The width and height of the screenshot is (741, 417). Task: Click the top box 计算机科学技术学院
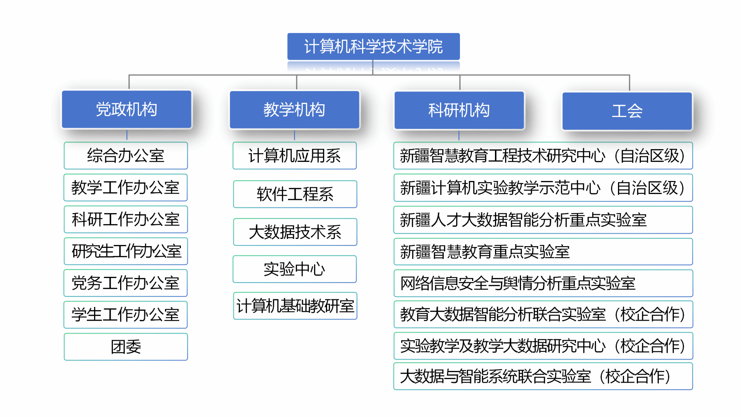click(373, 46)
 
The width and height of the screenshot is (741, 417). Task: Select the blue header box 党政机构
click(127, 109)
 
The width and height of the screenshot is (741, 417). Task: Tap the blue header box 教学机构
click(295, 110)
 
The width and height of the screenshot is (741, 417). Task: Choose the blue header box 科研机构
click(459, 110)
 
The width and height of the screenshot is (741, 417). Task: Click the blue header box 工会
click(627, 111)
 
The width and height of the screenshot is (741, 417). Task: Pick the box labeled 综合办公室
click(126, 156)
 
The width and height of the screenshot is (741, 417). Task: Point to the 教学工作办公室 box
click(126, 188)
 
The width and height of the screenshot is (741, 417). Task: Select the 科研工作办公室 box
click(126, 219)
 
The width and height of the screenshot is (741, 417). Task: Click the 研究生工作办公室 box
click(126, 251)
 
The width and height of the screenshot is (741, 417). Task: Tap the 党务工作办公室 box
click(126, 283)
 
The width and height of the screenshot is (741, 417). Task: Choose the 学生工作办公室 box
click(126, 315)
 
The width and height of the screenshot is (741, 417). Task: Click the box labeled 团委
click(126, 347)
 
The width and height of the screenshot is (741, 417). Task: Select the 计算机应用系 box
click(295, 156)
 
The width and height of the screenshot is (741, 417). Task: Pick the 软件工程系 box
click(295, 194)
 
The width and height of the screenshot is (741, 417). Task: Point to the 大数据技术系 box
click(295, 232)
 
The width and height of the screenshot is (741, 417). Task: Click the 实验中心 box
click(295, 269)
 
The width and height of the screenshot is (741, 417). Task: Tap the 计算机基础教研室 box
click(295, 306)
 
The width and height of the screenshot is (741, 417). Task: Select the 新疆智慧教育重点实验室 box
click(543, 252)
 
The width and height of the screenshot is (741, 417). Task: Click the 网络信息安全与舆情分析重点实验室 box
click(543, 283)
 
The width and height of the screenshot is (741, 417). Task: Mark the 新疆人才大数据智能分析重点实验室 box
click(543, 220)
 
